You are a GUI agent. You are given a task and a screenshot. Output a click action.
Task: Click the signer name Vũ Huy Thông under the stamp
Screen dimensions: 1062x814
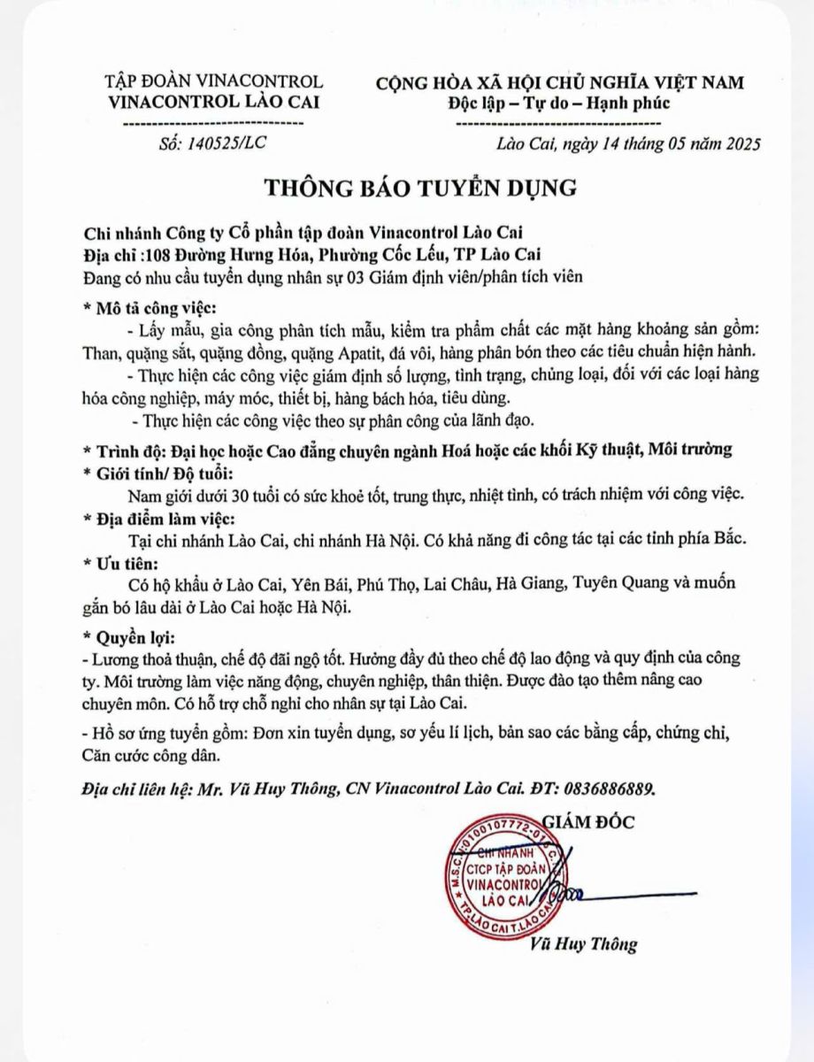[584, 944]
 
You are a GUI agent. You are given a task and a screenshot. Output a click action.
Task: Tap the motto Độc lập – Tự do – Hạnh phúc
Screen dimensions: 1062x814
[559, 104]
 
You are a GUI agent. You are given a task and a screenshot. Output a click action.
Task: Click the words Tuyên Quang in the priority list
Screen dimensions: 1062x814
[615, 584]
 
